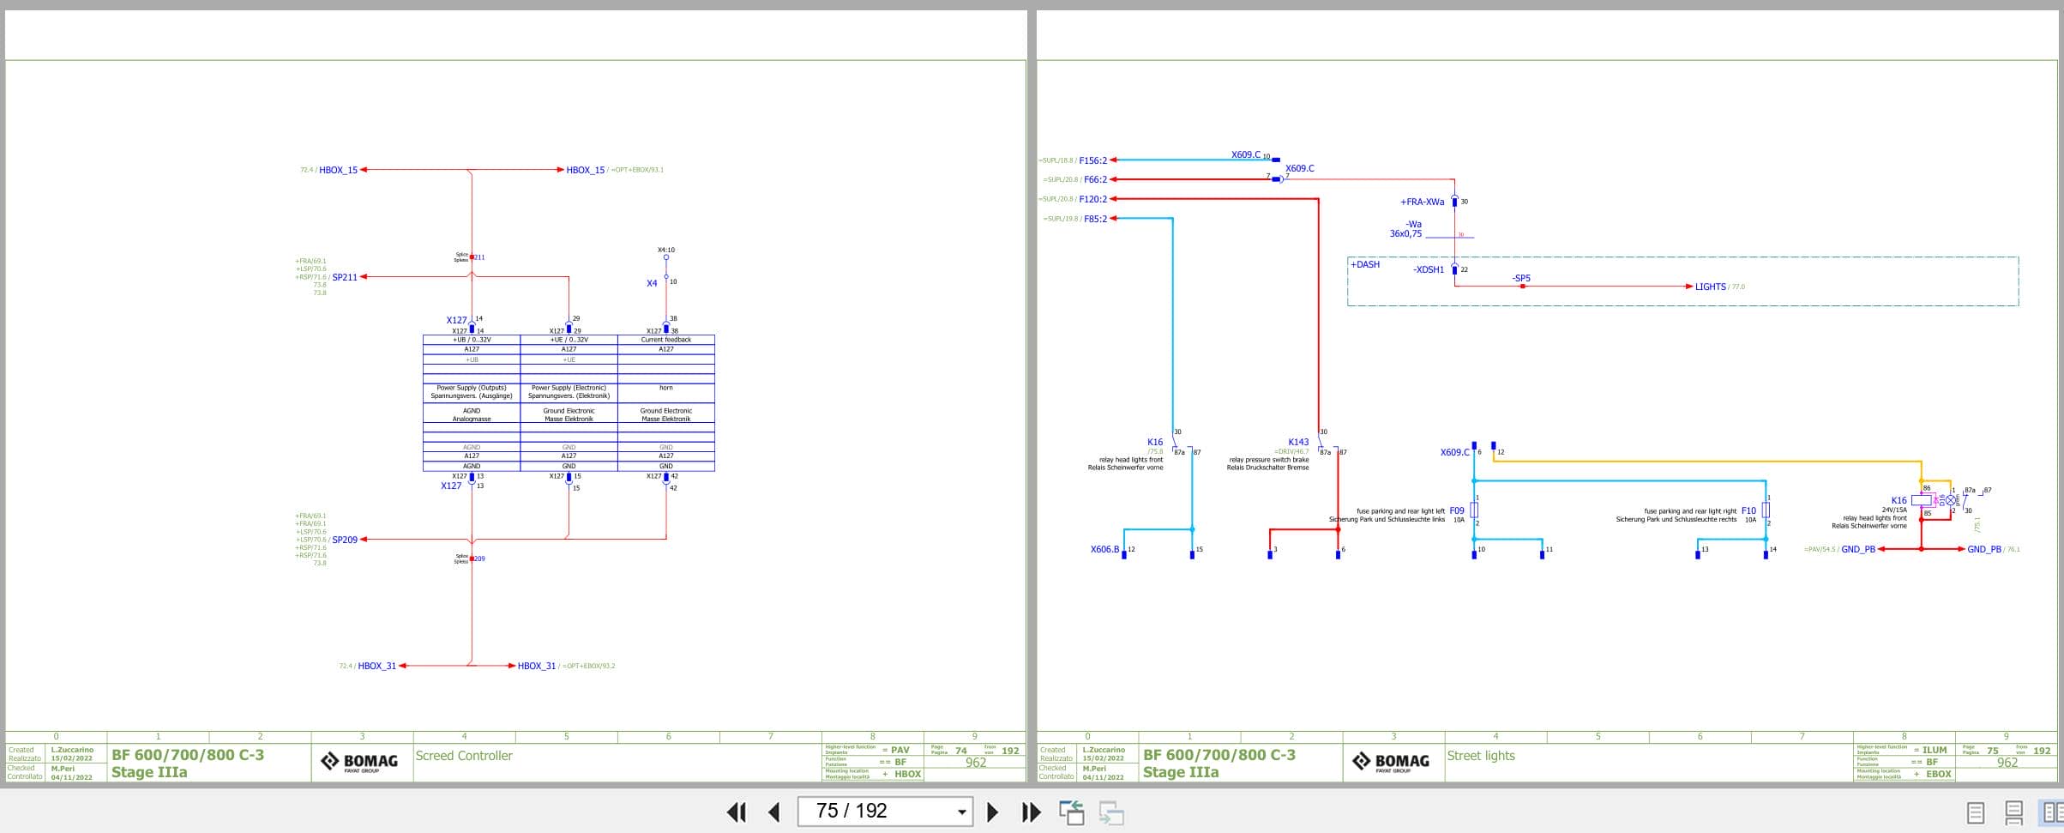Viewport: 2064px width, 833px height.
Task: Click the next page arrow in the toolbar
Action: click(x=992, y=812)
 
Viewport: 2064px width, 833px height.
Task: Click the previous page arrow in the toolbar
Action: click(x=774, y=812)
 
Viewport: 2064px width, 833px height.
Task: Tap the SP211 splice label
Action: click(x=344, y=277)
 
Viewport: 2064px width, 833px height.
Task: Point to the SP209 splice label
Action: click(x=344, y=540)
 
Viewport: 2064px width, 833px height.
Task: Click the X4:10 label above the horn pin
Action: click(x=666, y=251)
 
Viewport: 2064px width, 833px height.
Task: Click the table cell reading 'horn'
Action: click(x=666, y=388)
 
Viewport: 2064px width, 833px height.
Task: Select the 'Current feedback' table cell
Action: click(x=666, y=340)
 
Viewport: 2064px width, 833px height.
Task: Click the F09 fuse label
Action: click(x=1457, y=510)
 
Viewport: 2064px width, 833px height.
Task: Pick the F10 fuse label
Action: click(x=1748, y=510)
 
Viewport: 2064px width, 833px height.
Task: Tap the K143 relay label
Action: click(x=1298, y=443)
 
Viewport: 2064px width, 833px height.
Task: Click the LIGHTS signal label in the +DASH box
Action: click(x=1710, y=287)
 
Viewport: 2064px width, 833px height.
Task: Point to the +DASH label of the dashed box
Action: click(x=1365, y=264)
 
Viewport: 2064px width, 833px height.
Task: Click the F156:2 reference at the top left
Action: click(x=1092, y=160)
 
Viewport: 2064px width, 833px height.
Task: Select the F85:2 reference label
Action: click(x=1095, y=219)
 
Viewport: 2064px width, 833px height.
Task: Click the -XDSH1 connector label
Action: click(x=1429, y=269)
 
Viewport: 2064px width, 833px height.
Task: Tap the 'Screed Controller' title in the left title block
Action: click(x=464, y=756)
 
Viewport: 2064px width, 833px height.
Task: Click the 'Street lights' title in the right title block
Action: click(x=1481, y=756)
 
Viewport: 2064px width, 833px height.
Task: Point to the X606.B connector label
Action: click(x=1104, y=549)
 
